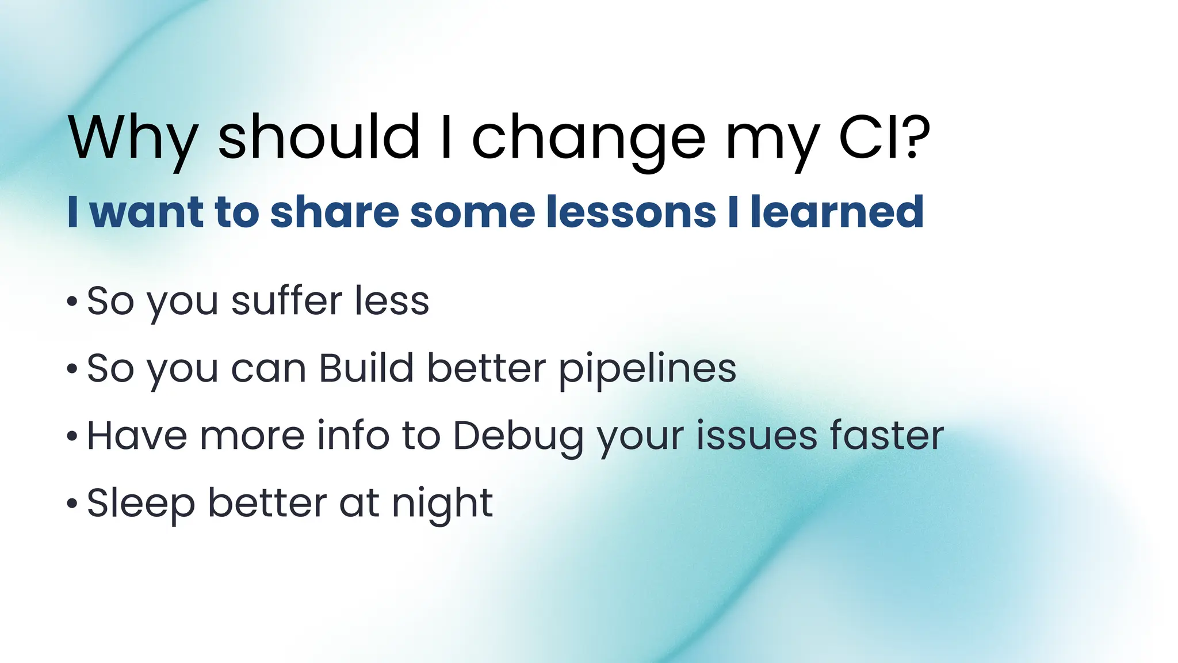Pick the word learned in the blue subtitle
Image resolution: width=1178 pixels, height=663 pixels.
837,212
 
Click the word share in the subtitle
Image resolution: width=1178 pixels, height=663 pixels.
334,212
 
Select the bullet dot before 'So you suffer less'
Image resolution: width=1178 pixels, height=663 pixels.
72,302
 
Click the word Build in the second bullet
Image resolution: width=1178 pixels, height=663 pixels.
366,368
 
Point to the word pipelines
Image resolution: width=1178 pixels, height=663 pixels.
647,369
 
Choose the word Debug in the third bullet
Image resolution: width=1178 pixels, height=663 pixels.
518,436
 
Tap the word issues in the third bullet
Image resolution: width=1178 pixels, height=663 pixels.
756,435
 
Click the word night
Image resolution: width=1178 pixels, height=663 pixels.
442,504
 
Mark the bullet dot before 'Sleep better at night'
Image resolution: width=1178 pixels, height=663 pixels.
72,504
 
